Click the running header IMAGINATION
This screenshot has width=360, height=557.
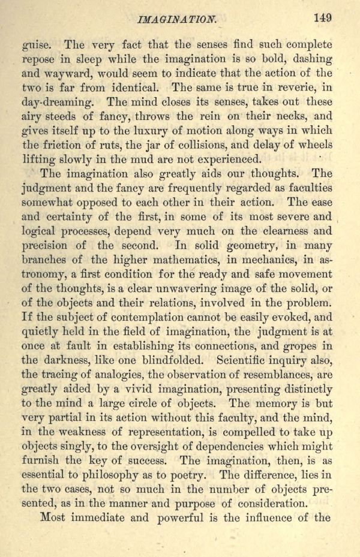177,19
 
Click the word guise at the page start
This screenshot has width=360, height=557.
37,46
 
